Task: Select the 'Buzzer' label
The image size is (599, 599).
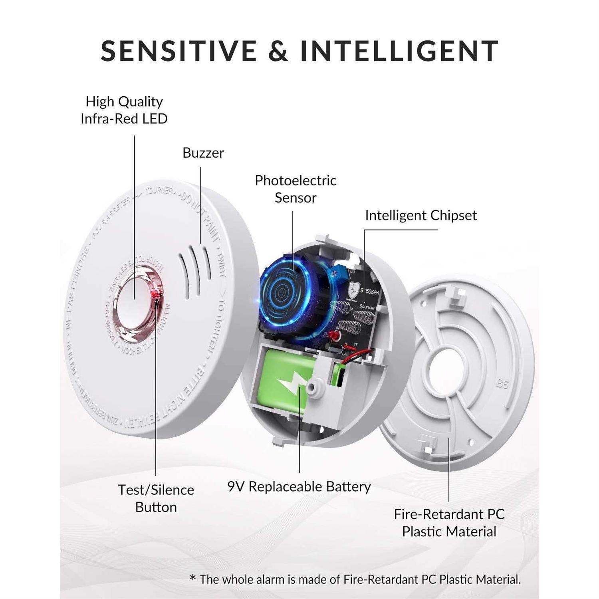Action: click(x=203, y=153)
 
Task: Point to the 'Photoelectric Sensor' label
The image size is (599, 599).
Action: click(x=296, y=189)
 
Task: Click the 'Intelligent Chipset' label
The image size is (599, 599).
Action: click(x=420, y=215)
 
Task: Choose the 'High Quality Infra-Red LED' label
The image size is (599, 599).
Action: click(x=124, y=110)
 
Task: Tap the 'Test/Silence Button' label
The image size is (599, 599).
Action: click(x=156, y=498)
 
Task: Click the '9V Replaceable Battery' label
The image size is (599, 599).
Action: click(x=299, y=486)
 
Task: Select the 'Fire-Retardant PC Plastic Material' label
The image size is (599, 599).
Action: click(x=449, y=522)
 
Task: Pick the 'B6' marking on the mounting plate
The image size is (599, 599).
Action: click(x=502, y=384)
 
